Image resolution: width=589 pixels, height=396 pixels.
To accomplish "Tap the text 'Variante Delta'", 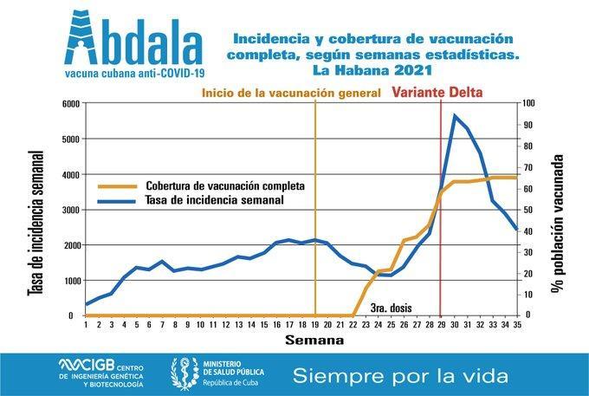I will [x=437, y=91].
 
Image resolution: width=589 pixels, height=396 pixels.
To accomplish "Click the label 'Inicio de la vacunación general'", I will [x=290, y=92].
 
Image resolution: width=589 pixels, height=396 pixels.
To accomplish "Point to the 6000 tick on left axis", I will [x=68, y=103].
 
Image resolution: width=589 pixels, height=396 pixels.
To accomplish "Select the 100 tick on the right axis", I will [x=528, y=103].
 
